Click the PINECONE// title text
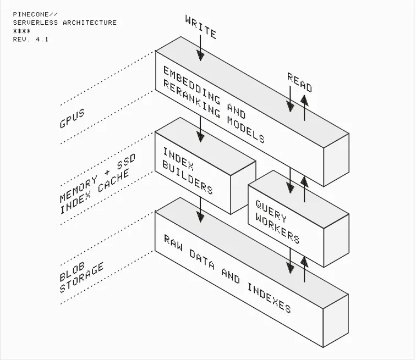(x=35, y=14)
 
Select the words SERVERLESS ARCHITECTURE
(x=65, y=23)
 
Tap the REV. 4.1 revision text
(x=30, y=40)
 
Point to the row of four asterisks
(x=22, y=31)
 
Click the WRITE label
(x=201, y=26)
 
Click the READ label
(x=299, y=82)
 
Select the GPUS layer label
(x=72, y=118)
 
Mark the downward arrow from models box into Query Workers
(x=291, y=180)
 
